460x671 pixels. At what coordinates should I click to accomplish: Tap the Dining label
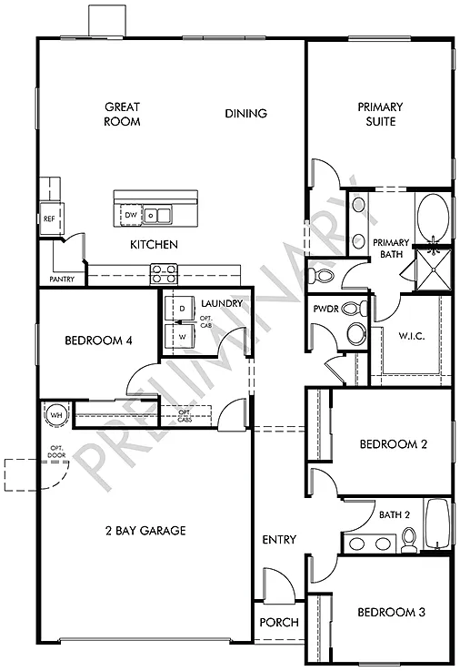[245, 114]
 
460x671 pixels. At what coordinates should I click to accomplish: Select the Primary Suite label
[380, 114]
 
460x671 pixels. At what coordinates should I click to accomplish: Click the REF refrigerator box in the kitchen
[48, 219]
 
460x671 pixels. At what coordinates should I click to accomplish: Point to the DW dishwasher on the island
[130, 216]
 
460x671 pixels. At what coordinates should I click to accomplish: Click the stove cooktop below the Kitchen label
[164, 269]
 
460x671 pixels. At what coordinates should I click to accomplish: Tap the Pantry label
[62, 280]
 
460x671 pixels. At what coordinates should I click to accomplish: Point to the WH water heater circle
[57, 415]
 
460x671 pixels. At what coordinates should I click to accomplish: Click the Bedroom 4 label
[99, 341]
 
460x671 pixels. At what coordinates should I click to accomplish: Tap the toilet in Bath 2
[409, 541]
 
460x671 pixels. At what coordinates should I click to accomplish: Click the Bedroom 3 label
[391, 612]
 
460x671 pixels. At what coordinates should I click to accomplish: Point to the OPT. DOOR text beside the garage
[56, 452]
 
